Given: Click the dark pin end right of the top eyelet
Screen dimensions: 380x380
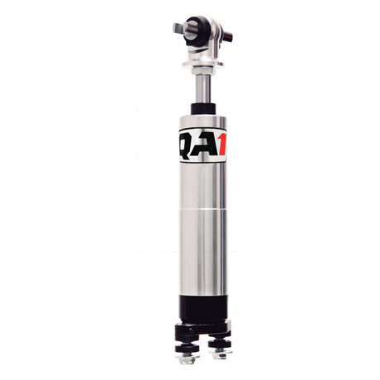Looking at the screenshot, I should (x=226, y=36).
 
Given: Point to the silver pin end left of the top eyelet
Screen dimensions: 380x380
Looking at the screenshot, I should (x=177, y=28).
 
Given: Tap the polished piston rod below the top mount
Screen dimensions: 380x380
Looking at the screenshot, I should (x=199, y=87).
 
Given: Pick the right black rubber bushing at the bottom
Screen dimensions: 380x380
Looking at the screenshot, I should (x=218, y=341).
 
